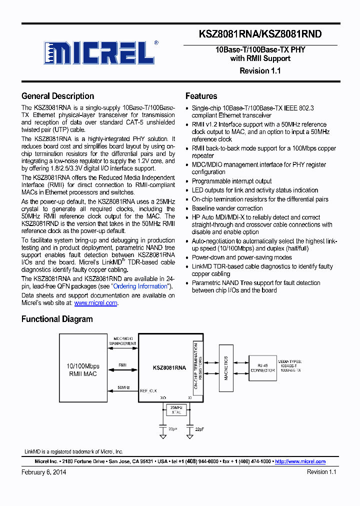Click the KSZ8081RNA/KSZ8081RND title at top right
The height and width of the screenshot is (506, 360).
coord(260,34)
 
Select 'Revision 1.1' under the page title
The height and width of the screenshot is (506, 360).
coord(260,70)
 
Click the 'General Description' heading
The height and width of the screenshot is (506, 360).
coord(57,96)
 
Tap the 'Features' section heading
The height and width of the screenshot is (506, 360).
coord(201,96)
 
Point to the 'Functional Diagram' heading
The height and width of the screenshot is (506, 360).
coord(56,319)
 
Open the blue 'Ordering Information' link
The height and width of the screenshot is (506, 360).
coord(140,286)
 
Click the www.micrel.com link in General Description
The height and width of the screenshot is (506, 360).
coord(95,303)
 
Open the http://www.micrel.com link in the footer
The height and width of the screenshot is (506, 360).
coord(300,461)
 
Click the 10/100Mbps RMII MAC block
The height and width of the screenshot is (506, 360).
coord(84,370)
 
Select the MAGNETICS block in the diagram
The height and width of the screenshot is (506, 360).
coord(226,368)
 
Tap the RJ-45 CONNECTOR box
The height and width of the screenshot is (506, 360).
coord(262,367)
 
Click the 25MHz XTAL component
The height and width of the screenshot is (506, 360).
coord(175,410)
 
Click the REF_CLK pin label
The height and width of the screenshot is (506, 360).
coord(149,391)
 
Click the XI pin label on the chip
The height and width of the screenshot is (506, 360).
coord(189,397)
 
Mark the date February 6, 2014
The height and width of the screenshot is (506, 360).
coord(43,472)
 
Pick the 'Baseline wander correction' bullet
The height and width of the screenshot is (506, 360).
coord(227,208)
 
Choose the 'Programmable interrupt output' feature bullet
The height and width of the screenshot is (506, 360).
coord(231,181)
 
